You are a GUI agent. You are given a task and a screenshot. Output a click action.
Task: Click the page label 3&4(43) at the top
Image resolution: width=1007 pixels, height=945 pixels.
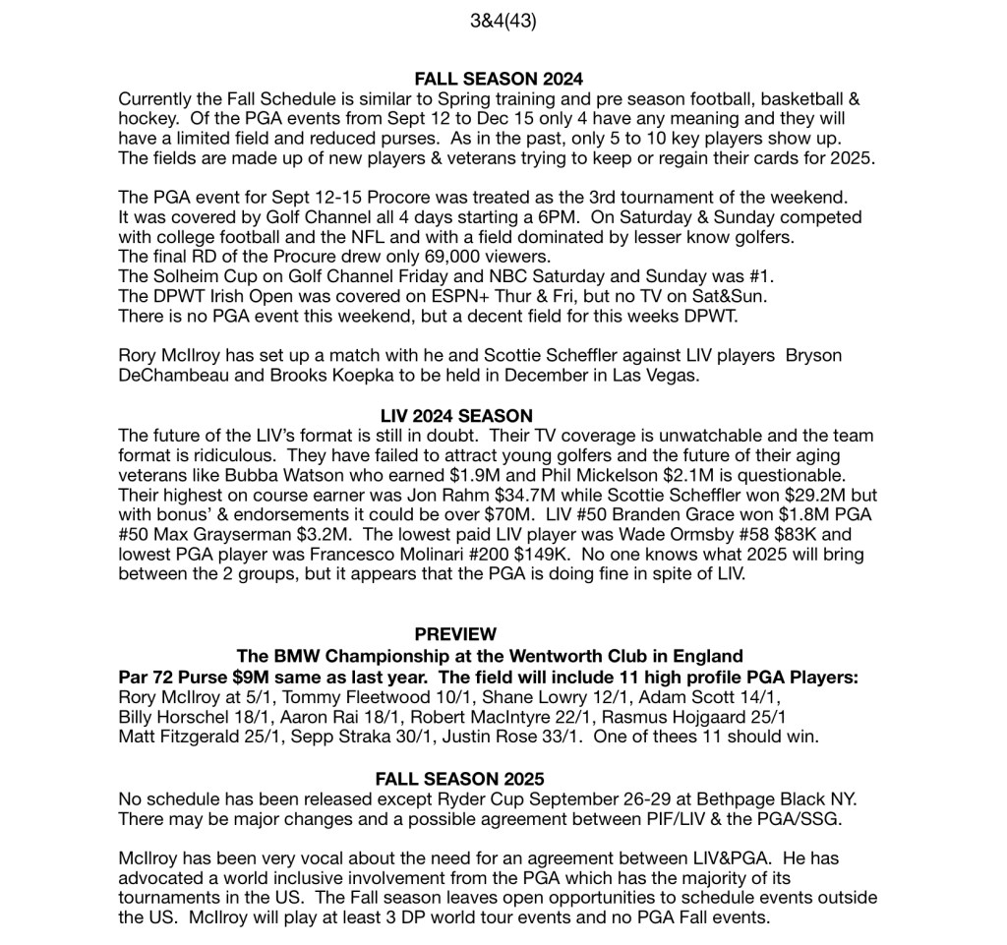503,21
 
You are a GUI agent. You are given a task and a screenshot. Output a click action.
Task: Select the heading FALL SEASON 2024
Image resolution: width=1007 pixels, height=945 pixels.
499,80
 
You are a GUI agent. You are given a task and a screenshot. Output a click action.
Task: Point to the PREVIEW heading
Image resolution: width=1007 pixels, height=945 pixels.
455,635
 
